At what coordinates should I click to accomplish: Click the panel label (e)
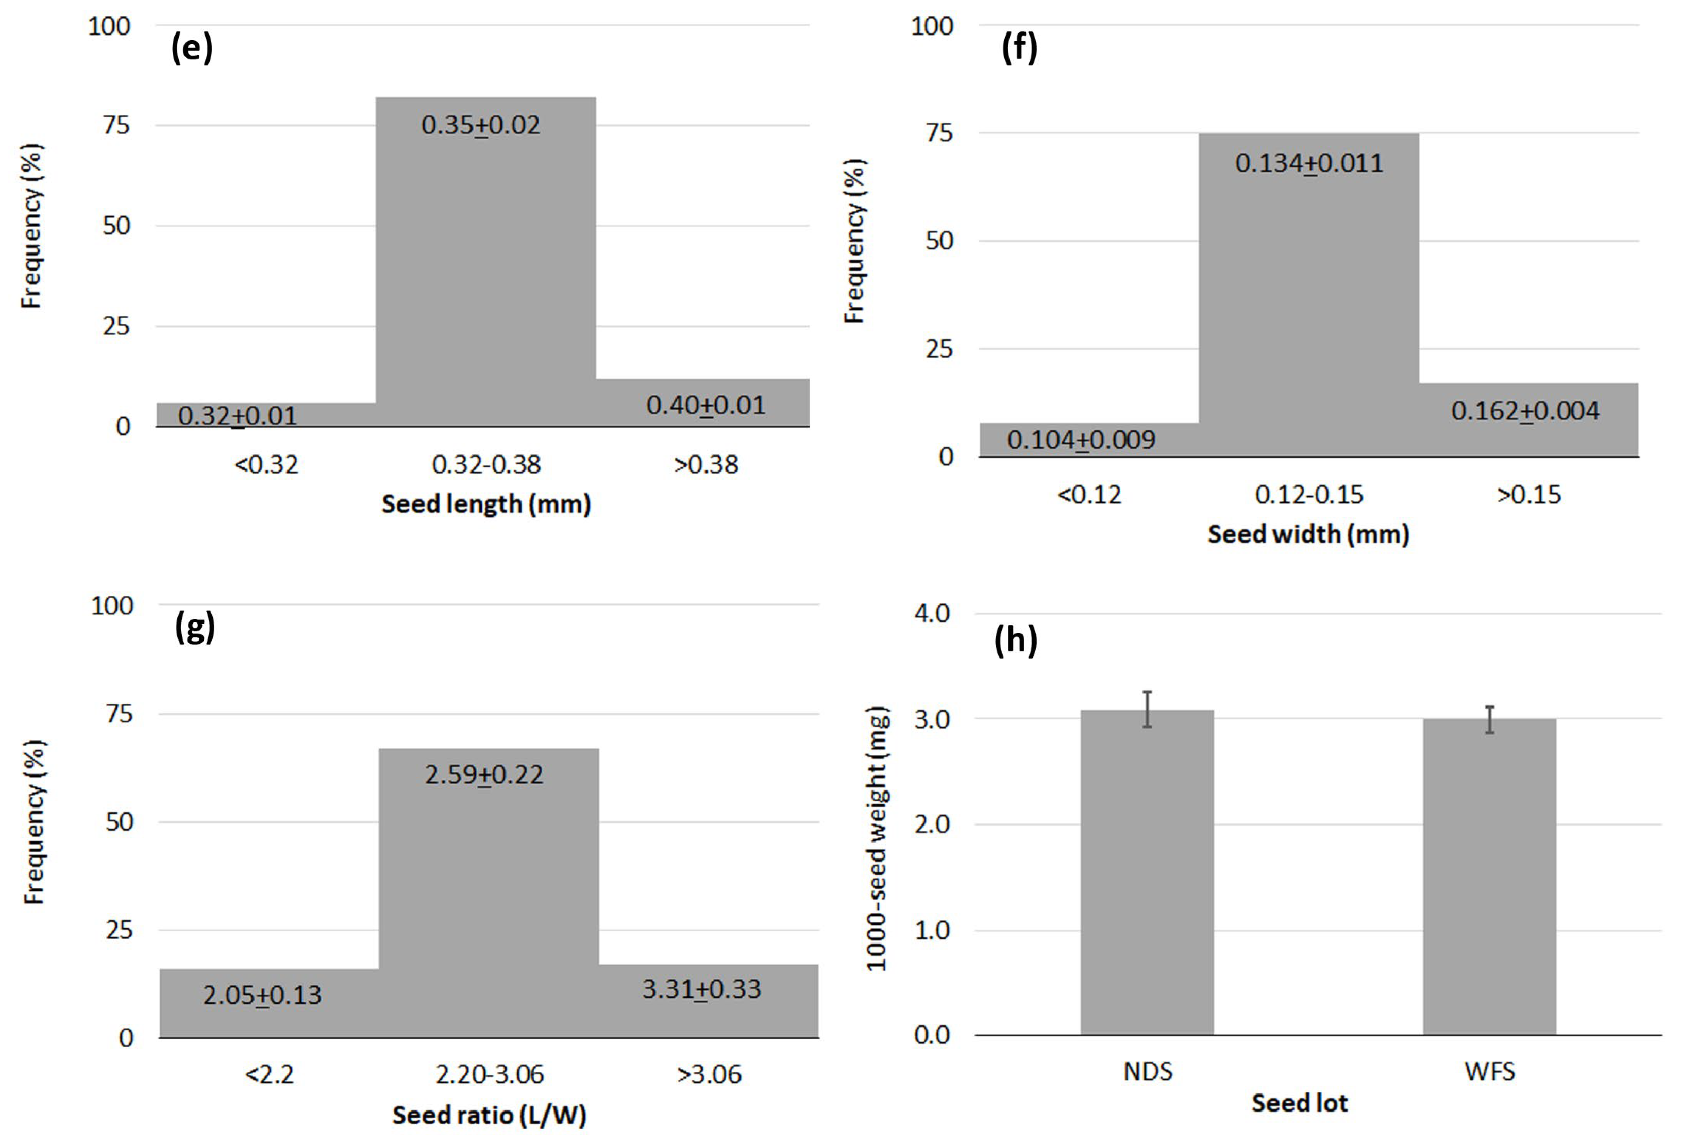click(192, 48)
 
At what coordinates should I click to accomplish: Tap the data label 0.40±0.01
click(705, 405)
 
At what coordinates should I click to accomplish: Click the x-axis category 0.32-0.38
click(486, 464)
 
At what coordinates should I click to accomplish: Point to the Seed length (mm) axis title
click(486, 504)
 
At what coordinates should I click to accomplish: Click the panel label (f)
click(1019, 48)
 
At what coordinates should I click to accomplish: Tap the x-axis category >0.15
click(1528, 495)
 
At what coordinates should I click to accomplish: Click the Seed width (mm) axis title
click(1308, 534)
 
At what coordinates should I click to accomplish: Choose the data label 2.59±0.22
click(484, 774)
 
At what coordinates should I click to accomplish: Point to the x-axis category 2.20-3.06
click(489, 1074)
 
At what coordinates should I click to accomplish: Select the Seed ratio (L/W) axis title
click(489, 1115)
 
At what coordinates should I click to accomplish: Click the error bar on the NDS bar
click(1147, 709)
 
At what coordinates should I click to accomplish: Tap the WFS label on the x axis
click(1489, 1071)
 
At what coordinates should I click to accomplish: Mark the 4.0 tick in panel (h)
click(932, 613)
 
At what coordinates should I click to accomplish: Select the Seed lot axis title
click(1300, 1103)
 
